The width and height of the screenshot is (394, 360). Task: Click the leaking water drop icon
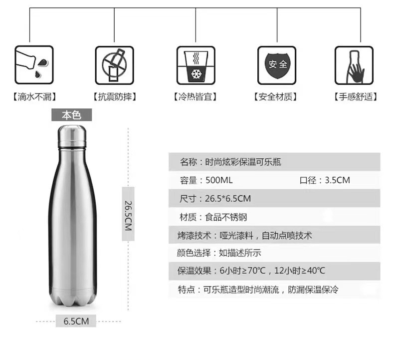(33, 65)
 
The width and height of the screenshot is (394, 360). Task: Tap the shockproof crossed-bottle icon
(114, 65)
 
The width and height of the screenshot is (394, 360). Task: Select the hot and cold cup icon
(196, 65)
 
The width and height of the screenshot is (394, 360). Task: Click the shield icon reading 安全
(276, 65)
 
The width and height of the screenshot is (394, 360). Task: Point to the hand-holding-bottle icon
(354, 65)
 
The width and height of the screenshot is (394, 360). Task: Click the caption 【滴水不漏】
(34, 97)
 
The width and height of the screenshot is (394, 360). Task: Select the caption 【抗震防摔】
(114, 97)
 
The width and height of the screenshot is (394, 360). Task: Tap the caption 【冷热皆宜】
(196, 97)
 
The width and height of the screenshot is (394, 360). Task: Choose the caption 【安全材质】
(276, 97)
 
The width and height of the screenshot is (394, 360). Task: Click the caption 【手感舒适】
(355, 97)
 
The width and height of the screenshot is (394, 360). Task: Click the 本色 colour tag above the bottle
(72, 115)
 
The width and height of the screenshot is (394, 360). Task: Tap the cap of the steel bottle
(72, 136)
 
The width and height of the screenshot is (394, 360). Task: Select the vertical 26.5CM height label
(128, 213)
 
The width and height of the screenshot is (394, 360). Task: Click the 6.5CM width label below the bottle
(76, 321)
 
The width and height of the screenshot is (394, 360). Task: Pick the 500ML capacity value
(219, 180)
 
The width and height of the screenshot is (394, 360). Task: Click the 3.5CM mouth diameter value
(337, 180)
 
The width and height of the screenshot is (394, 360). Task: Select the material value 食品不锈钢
(226, 217)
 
